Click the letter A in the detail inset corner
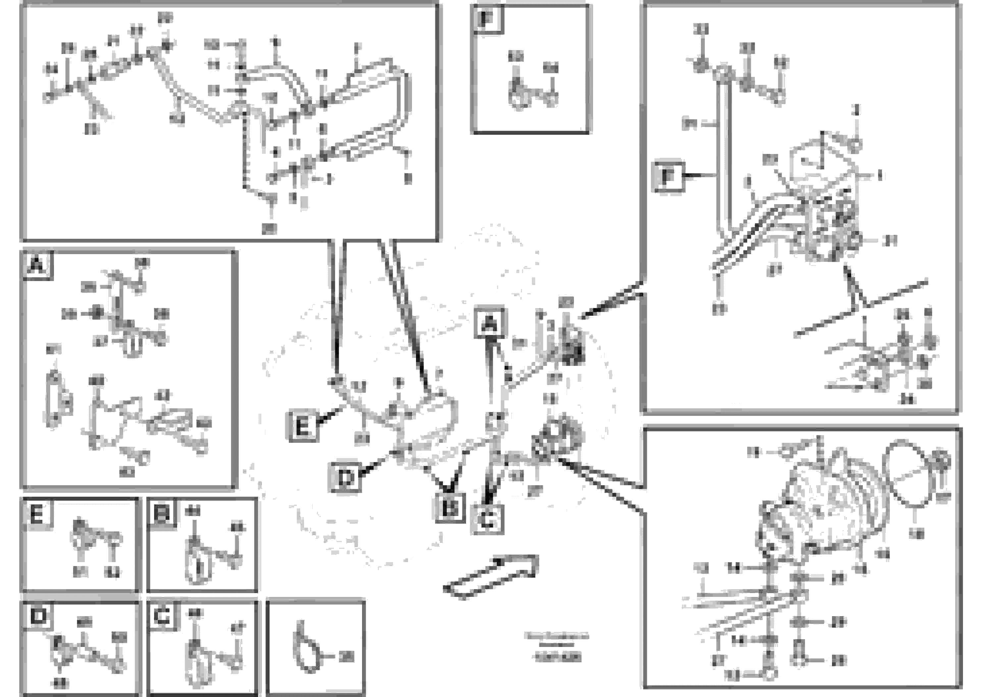[37, 265]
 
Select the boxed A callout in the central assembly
[489, 323]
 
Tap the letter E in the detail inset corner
[37, 513]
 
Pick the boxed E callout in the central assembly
[303, 426]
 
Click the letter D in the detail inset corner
[38, 616]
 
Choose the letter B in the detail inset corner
[162, 513]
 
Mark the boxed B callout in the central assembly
[450, 508]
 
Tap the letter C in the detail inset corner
[162, 616]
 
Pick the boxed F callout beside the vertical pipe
[668, 176]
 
